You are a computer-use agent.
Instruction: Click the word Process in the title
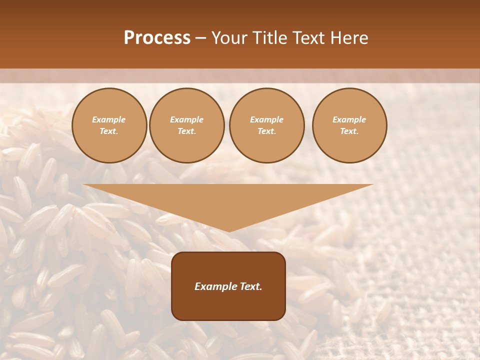157,38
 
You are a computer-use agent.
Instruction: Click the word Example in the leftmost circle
109,119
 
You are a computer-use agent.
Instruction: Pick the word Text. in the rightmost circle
349,131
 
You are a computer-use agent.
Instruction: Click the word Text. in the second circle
186,131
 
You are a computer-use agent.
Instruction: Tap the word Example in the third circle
266,119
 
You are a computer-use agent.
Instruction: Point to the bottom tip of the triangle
229,231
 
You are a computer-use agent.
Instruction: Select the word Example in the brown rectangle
215,286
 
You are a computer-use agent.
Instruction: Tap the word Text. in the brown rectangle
250,286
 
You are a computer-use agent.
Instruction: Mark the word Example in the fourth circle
349,119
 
